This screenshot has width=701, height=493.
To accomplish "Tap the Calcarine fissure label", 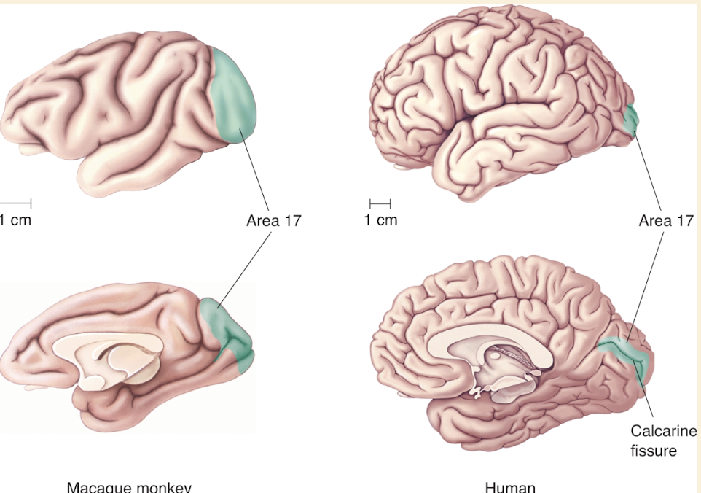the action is coord(663,440).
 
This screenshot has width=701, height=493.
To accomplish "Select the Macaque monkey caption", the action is coord(129,486).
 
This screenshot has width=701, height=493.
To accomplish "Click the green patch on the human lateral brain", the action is coord(630,119).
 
